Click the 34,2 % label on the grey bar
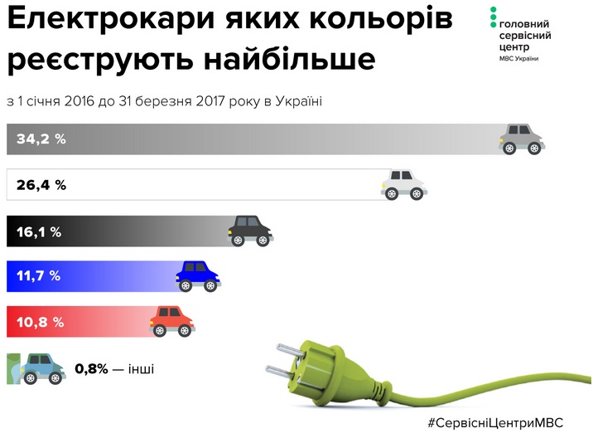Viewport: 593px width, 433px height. tap(41, 139)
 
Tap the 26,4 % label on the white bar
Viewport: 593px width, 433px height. tap(41, 185)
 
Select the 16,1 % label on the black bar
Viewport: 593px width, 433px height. tap(39, 231)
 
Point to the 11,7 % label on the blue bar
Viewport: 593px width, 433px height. tap(38, 275)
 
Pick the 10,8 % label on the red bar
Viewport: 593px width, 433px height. tap(40, 323)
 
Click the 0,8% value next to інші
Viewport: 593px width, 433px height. tap(92, 368)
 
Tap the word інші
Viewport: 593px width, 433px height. tap(141, 368)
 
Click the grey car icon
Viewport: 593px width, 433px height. tap(522, 139)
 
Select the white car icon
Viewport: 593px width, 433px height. tap(404, 185)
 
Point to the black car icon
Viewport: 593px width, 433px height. tap(250, 231)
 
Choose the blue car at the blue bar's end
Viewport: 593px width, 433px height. tap(198, 276)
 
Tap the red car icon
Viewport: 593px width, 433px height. tap(172, 322)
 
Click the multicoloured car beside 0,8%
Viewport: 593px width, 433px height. tap(42, 369)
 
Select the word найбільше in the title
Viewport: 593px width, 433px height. tap(290, 60)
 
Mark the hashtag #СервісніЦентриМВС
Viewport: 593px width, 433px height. tap(495, 422)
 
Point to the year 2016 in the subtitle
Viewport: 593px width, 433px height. tap(79, 101)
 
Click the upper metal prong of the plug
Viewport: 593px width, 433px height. tap(291, 350)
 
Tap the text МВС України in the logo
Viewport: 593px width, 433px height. tap(518, 59)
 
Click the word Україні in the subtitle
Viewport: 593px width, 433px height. tap(298, 101)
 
